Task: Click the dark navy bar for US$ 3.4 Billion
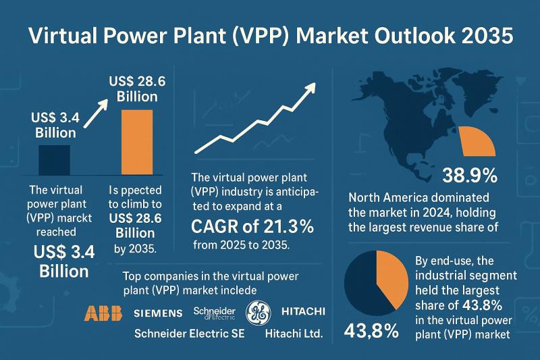coord(55,160)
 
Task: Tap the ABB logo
coord(101,312)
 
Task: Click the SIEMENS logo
coord(158,313)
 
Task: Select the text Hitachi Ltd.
coord(295,334)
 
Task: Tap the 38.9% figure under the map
coord(470,177)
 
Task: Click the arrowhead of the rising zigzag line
coord(311,88)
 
